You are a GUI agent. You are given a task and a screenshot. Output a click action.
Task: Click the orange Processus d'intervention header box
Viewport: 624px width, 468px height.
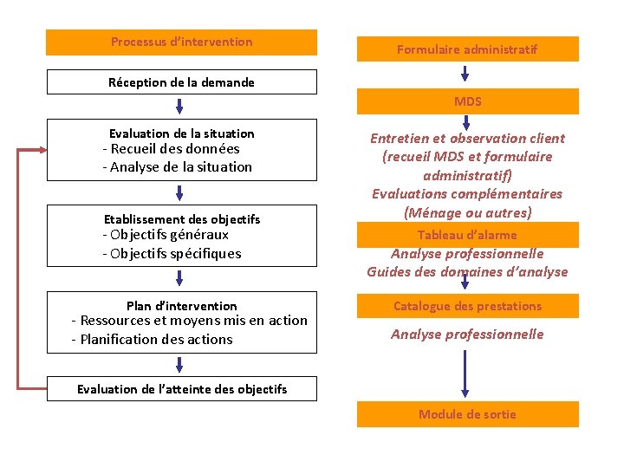tap(181, 42)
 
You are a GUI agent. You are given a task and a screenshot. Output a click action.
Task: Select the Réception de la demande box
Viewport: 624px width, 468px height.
tap(181, 82)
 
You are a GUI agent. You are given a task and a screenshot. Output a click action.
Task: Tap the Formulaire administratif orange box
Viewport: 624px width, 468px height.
tap(467, 49)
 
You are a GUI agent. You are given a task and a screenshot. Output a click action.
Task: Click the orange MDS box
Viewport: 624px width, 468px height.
tap(467, 101)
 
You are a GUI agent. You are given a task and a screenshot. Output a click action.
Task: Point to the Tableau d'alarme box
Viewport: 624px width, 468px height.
tap(467, 235)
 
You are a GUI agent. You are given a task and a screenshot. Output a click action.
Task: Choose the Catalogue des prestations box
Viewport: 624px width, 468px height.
tap(467, 306)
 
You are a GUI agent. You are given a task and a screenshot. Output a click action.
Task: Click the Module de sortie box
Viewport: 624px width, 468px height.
tap(467, 414)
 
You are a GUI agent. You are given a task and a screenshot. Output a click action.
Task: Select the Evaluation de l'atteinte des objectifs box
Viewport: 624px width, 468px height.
tap(181, 389)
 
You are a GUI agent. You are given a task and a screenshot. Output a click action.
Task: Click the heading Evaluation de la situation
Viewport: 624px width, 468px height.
tap(181, 133)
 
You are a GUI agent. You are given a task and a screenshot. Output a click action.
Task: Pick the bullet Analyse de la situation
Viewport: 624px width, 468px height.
tap(177, 167)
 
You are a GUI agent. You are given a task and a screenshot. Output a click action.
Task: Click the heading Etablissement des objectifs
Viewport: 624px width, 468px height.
tap(181, 219)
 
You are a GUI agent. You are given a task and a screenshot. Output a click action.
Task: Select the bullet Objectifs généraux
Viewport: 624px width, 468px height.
tap(166, 235)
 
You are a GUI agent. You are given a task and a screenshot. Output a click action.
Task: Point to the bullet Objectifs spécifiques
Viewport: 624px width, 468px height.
tap(172, 254)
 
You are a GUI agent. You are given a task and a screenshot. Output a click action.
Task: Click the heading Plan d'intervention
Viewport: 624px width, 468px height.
tap(181, 306)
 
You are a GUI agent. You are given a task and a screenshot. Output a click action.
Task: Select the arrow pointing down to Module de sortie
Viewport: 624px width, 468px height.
tap(466, 373)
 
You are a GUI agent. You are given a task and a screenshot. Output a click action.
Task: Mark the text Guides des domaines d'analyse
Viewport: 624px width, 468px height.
tap(467, 272)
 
